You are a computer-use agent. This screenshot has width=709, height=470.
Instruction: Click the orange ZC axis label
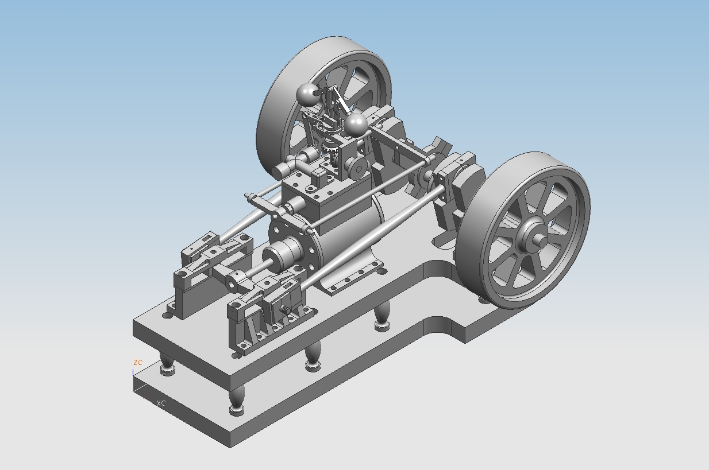tap(137, 363)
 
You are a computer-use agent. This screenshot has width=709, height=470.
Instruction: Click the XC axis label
tap(161, 403)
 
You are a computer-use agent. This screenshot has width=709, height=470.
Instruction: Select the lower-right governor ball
tap(356, 123)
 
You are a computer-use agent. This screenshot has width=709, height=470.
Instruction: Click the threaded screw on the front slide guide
tap(285, 310)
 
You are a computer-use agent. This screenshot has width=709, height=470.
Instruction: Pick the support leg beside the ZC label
tap(167, 364)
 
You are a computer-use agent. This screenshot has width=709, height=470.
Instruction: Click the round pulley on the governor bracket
tap(357, 167)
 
